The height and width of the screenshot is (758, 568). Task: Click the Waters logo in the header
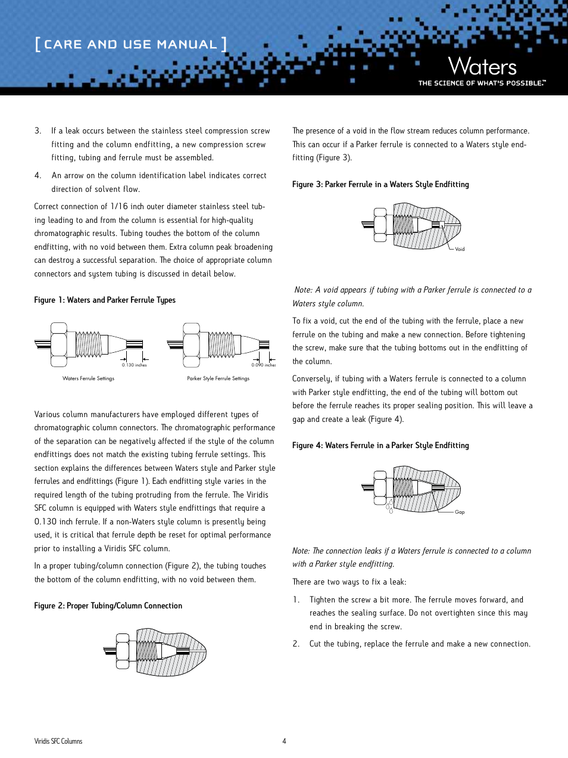482,66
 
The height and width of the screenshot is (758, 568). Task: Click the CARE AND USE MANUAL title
130,45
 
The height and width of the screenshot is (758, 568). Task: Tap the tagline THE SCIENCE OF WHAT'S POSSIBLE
482,83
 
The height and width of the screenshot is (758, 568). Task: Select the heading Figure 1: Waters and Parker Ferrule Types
105,300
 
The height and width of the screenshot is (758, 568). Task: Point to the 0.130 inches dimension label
134,365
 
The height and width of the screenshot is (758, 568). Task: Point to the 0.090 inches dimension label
263,365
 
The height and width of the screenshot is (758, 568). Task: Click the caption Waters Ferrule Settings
88,378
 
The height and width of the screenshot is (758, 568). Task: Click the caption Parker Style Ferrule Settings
218,378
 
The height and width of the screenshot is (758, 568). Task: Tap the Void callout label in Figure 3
460,249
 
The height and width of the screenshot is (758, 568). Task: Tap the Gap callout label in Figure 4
460,512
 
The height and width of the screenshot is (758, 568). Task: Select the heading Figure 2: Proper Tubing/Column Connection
108,606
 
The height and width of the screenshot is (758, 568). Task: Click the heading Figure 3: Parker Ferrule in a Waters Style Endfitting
380,185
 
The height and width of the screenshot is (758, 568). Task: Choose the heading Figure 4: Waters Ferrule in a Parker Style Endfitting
380,446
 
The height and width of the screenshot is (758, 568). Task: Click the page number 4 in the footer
284,741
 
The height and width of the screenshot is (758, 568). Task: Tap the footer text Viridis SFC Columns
58,741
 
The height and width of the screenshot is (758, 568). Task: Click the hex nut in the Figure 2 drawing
123,651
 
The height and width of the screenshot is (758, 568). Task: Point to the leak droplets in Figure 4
389,508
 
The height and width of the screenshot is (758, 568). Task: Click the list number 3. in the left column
38,131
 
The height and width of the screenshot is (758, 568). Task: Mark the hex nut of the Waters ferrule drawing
58,344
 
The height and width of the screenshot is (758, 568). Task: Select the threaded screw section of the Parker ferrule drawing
221,344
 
